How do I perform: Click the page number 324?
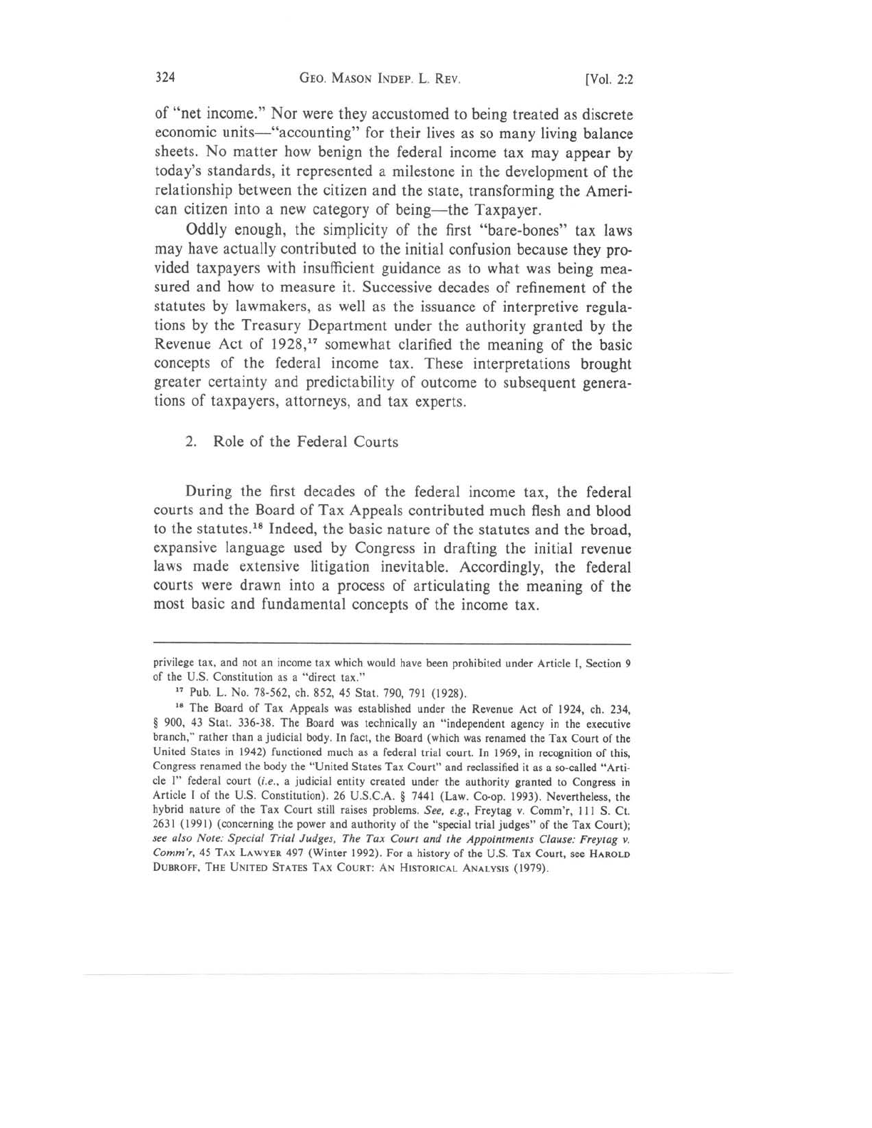165,78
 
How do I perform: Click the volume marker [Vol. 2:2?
608,79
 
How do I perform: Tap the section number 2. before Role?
191,442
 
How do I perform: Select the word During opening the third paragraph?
209,492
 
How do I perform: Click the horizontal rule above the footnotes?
393,644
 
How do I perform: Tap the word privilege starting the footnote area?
175,664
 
